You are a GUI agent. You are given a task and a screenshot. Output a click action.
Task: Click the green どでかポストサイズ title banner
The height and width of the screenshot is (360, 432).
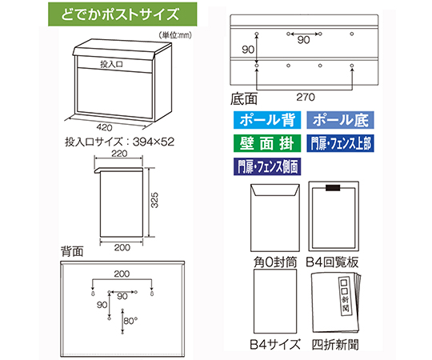(x=122, y=14)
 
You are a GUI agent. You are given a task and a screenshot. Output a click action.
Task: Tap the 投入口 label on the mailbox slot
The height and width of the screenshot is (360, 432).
(x=111, y=65)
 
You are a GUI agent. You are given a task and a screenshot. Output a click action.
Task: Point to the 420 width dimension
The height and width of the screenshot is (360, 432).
(x=105, y=127)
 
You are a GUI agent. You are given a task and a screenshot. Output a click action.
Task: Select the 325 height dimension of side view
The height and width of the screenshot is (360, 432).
(x=155, y=200)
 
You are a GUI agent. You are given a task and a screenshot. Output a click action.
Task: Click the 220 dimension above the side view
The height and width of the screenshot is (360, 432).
(x=119, y=154)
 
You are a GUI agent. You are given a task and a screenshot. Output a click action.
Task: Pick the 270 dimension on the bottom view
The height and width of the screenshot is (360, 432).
(x=306, y=97)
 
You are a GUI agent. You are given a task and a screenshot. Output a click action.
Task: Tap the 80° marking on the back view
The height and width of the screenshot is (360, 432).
(x=130, y=321)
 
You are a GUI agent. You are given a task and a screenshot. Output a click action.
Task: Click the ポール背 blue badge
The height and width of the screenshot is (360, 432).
(x=267, y=120)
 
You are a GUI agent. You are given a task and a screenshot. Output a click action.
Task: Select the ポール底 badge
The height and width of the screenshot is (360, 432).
(x=340, y=120)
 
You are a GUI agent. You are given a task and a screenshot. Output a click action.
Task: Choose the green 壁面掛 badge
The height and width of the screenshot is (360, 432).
(x=267, y=143)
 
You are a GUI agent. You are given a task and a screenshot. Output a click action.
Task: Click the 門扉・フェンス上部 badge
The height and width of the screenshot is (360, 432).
(x=340, y=143)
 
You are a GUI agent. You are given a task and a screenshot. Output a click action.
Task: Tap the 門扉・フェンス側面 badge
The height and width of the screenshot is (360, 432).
(x=267, y=166)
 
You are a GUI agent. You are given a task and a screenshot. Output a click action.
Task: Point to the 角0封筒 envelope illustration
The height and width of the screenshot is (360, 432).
(x=275, y=218)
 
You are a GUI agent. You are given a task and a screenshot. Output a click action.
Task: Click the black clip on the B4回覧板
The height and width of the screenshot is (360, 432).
(x=333, y=187)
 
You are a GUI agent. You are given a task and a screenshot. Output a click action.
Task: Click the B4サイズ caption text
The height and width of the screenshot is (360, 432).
(x=274, y=344)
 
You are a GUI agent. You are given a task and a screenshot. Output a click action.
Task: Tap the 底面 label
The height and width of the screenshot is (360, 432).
(x=244, y=99)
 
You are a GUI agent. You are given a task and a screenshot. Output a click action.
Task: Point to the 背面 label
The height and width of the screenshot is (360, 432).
(x=72, y=251)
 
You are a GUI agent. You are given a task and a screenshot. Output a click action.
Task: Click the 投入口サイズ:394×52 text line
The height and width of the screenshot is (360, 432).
(x=120, y=142)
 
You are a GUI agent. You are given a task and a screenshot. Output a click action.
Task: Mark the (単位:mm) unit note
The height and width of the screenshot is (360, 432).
(x=175, y=34)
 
